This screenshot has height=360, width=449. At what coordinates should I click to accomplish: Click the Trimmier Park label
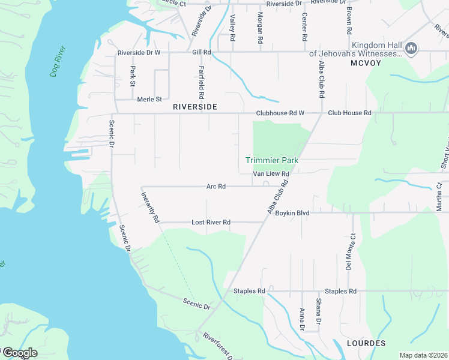272,160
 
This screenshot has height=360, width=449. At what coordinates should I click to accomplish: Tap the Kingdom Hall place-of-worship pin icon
411,49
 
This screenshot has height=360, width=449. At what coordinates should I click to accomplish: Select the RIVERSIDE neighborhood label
193,106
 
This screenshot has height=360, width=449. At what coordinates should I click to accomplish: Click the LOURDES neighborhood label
366,343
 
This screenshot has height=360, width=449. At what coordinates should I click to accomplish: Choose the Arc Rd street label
215,187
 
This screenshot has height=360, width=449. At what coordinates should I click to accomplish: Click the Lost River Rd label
211,222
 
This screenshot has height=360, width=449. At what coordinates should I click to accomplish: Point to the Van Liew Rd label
271,174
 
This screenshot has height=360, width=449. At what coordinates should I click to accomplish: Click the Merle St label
149,99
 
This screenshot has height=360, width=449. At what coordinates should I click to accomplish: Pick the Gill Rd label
202,52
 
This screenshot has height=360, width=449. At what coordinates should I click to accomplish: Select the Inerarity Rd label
149,207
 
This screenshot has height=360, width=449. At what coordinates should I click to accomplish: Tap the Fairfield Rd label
202,82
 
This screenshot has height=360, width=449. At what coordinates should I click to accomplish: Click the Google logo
19,353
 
